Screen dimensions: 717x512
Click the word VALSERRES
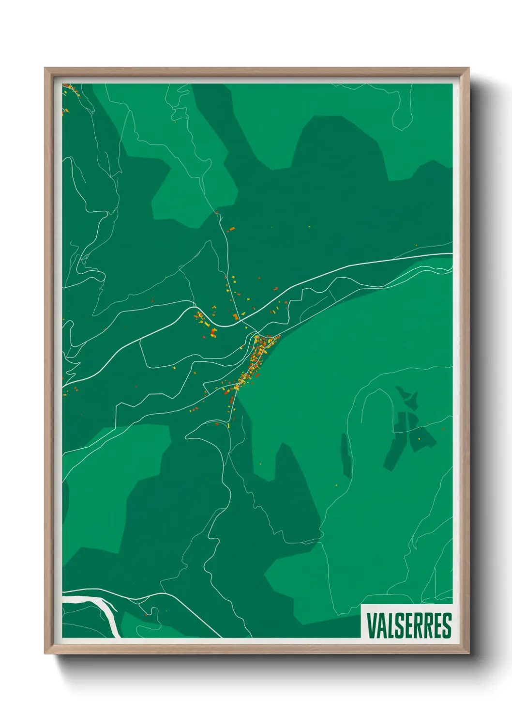click(409, 625)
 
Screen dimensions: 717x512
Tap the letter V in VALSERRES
click(371, 625)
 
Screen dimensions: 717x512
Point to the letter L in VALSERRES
click(390, 625)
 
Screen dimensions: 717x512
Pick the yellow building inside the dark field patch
click(419, 438)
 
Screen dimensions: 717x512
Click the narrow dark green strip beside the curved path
click(346, 455)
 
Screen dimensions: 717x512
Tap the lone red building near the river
click(146, 614)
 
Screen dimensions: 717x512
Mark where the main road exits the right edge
click(451, 254)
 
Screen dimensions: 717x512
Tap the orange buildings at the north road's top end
click(231, 229)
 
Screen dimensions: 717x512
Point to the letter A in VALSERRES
click(380, 625)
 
